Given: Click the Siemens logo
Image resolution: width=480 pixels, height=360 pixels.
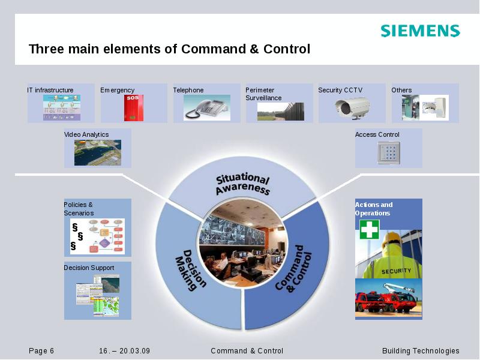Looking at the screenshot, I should click(420, 31).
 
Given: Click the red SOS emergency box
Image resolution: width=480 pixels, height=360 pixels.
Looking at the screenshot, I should click(133, 107).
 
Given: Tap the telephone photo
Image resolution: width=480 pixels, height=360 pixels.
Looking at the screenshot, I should click(206, 108).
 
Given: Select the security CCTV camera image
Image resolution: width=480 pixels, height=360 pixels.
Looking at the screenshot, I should click(352, 107).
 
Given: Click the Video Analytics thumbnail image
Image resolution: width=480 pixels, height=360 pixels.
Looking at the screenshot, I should click(97, 152).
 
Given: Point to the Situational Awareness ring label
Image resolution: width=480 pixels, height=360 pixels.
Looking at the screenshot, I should click(242, 184).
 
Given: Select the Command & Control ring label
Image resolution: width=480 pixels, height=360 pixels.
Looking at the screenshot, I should click(295, 269).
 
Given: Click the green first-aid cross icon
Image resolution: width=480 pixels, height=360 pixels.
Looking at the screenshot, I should click(369, 229).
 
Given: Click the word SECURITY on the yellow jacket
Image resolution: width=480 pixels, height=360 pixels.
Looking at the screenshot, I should click(396, 271).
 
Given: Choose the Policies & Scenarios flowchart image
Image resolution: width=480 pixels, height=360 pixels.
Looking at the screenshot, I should click(97, 236).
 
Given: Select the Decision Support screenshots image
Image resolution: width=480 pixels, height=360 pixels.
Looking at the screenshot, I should click(97, 296).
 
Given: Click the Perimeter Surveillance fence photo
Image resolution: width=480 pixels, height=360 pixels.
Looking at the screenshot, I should click(280, 112).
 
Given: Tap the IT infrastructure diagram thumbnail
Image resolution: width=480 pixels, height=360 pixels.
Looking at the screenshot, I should click(61, 107).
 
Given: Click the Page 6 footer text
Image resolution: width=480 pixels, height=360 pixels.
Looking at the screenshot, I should click(41, 351).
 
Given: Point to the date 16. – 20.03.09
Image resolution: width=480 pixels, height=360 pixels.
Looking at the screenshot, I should click(125, 351).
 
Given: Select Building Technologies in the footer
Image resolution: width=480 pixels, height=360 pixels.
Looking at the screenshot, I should click(421, 351).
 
